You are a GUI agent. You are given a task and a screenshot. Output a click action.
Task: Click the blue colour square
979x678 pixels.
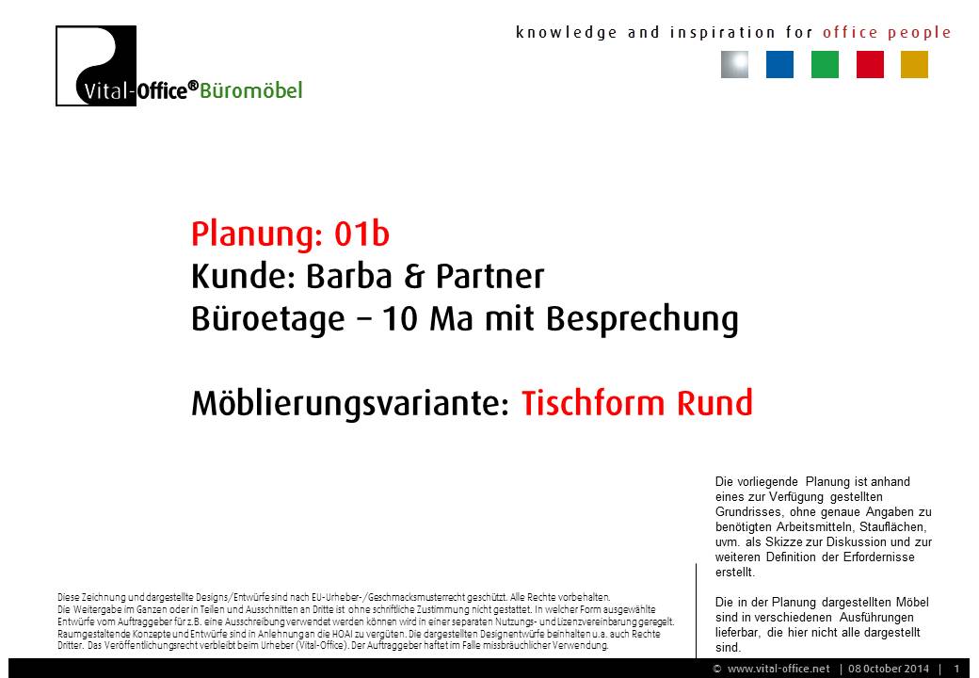point(779,64)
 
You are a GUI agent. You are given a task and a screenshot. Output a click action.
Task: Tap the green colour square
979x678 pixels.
point(825,64)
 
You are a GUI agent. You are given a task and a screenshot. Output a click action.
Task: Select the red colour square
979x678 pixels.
point(870,64)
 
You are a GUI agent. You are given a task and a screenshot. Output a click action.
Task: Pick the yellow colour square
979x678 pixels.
point(914,64)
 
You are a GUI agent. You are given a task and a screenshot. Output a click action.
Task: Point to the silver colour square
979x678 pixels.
point(734,64)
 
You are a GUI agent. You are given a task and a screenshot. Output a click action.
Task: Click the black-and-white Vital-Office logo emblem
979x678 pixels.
point(96,66)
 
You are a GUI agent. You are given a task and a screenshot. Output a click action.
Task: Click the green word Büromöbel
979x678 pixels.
point(251,90)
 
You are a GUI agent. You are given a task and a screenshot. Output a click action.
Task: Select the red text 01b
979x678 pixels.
point(361,234)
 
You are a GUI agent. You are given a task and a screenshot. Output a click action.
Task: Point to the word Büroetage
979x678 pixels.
point(268,319)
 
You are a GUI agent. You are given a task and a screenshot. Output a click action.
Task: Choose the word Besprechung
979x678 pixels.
point(642,319)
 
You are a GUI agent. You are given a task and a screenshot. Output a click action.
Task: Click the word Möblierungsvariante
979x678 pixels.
point(351,403)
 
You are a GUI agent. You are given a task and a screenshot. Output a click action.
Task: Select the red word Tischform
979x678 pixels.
point(593,403)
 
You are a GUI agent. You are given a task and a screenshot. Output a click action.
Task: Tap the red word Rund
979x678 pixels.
point(714,403)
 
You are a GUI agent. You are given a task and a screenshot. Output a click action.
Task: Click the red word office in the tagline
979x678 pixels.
point(850,32)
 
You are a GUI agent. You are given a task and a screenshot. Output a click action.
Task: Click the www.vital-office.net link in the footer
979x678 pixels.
point(778,669)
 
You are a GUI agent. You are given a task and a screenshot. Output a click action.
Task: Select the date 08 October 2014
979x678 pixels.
point(889,669)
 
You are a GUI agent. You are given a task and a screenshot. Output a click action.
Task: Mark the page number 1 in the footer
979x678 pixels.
point(956,669)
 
